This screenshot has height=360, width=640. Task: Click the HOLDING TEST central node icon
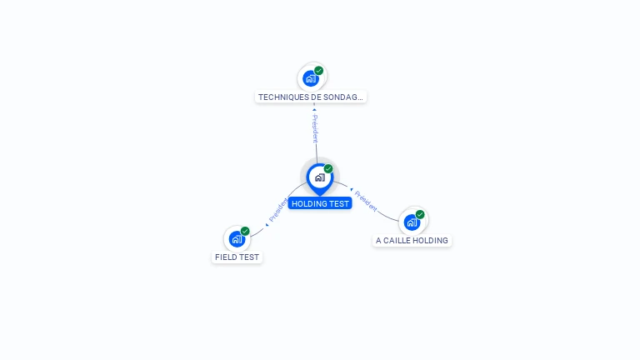coord(319,177)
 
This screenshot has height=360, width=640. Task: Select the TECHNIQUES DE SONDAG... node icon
coord(311,78)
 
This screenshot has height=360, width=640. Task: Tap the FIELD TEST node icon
coord(237,239)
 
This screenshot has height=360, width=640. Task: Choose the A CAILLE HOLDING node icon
coord(412,222)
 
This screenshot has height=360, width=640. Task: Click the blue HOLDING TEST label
coord(320,203)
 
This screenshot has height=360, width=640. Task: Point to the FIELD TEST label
coord(237,257)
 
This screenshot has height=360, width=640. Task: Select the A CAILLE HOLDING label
coord(412,241)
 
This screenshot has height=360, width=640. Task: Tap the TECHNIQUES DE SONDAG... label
coord(311,97)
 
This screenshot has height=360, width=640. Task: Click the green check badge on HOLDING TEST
coord(328,169)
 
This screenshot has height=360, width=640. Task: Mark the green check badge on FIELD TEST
coord(245,231)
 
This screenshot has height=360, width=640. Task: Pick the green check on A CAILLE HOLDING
coord(420,214)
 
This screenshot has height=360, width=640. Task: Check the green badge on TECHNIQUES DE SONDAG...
coord(319,71)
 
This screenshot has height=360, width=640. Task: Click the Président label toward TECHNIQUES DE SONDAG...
coord(315,129)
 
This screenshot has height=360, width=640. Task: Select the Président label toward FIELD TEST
coord(278,210)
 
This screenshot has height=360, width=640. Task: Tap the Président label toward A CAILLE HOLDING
coord(366,200)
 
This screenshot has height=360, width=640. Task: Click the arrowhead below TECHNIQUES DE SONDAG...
coord(314,109)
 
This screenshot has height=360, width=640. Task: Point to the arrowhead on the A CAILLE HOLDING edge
coord(352,189)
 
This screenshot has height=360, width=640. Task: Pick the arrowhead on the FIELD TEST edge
coord(267,224)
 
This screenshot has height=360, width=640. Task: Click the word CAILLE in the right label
coord(399,241)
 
